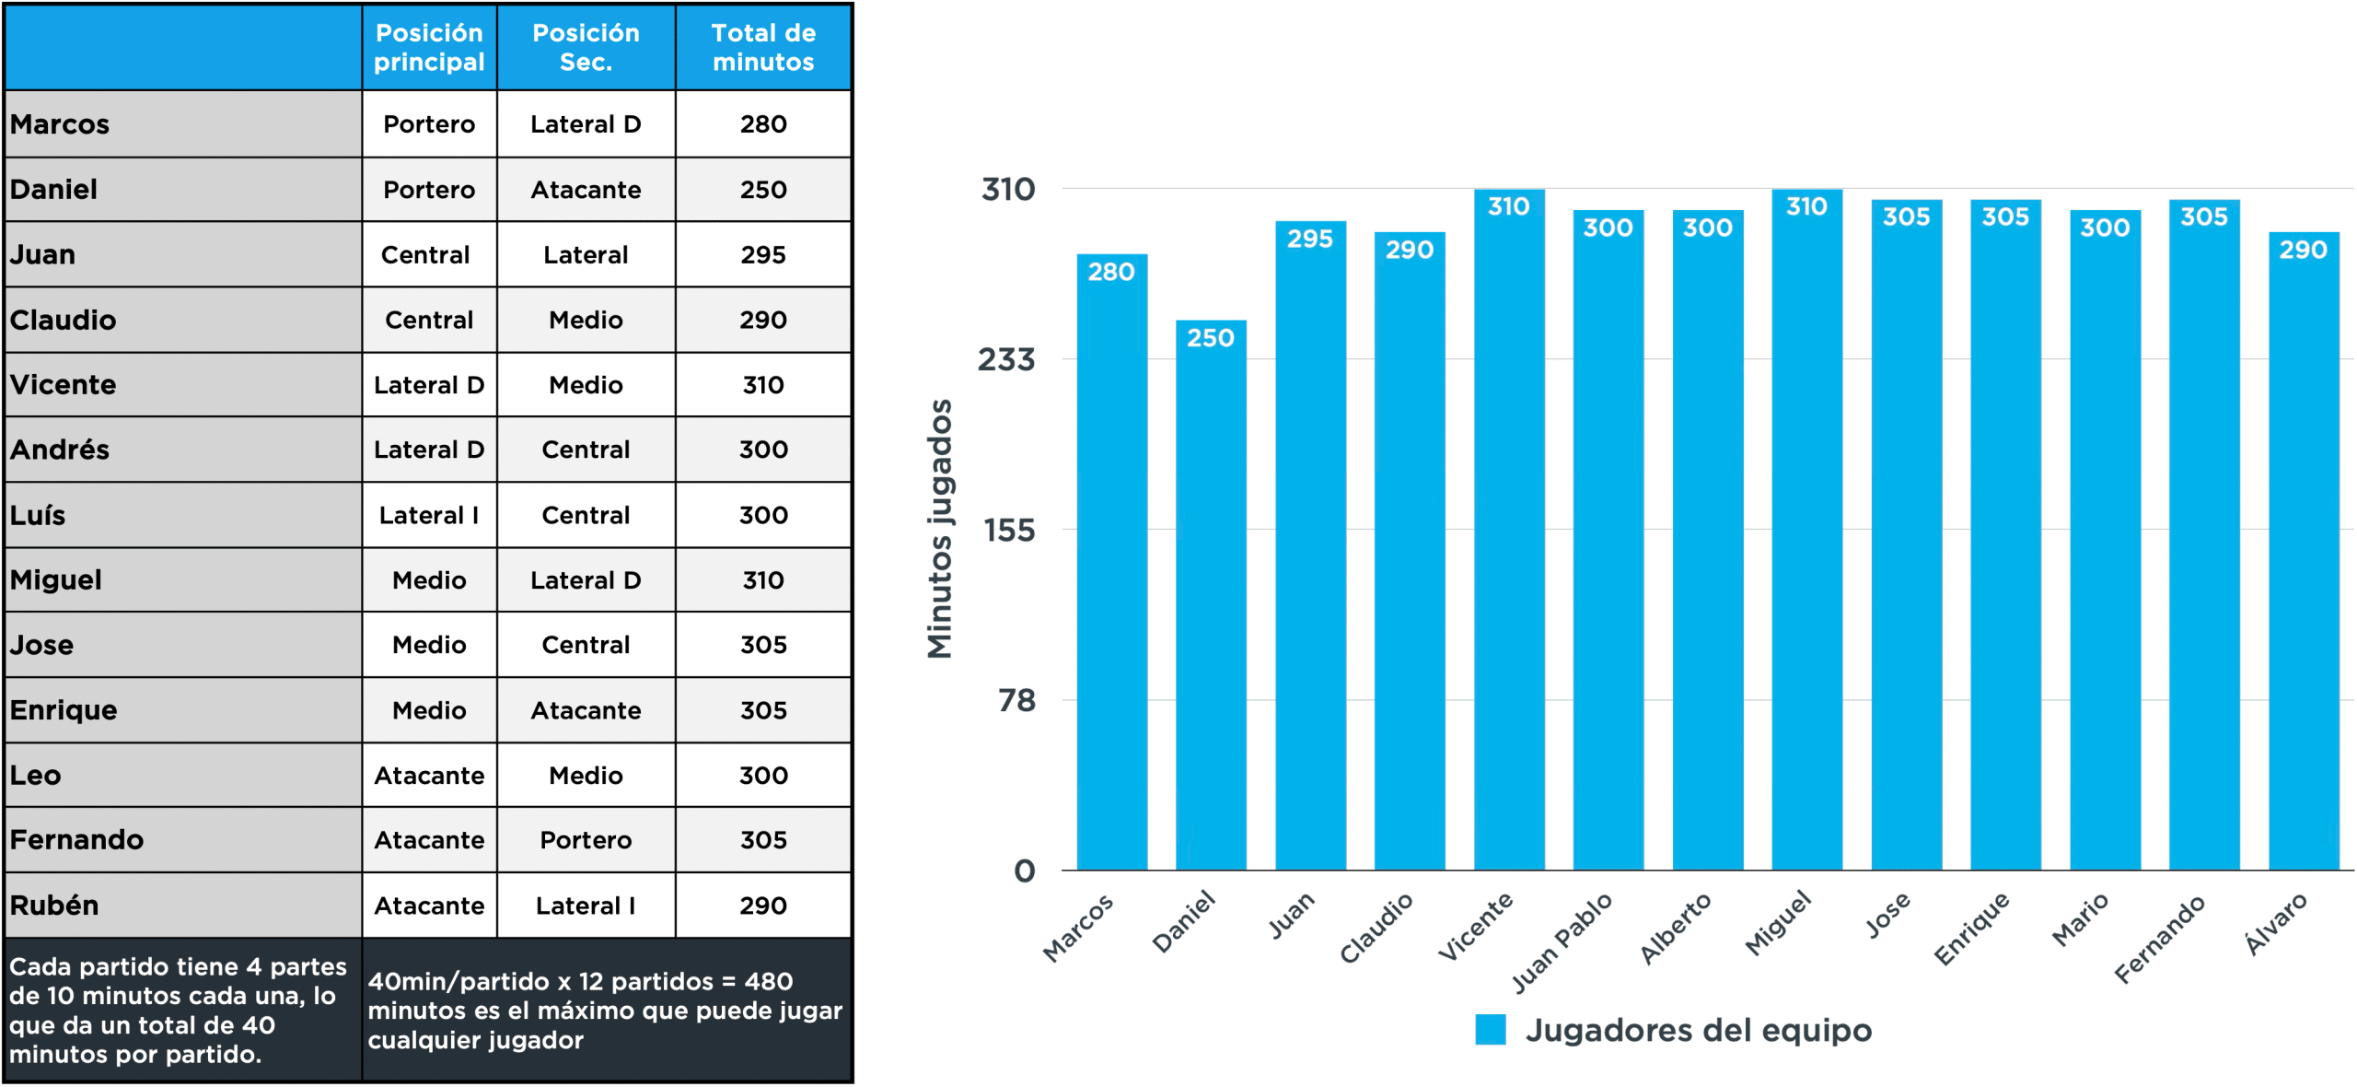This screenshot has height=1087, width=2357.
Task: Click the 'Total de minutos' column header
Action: (763, 48)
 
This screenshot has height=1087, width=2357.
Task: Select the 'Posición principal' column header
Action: (429, 48)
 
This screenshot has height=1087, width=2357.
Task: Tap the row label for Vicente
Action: (64, 384)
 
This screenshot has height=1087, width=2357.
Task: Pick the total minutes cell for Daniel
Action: (763, 190)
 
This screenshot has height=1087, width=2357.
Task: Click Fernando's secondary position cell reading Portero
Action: (586, 840)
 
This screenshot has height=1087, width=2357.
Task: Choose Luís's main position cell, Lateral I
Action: (429, 515)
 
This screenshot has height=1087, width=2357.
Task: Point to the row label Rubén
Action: (54, 906)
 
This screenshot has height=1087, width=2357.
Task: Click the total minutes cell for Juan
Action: (763, 254)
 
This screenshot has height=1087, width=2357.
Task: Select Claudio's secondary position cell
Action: (586, 320)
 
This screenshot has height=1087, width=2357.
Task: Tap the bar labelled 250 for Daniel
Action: (1211, 599)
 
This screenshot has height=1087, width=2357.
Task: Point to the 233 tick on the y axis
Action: (1006, 359)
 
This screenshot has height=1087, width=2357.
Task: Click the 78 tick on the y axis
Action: (1017, 701)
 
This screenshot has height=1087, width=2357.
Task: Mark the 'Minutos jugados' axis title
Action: (939, 529)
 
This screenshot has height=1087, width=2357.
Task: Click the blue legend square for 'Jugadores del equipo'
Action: (1490, 1030)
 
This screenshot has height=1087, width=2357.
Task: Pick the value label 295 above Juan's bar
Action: (1310, 239)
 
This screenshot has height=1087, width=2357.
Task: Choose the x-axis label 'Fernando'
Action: (2160, 937)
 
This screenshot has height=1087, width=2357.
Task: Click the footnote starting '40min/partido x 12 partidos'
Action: (605, 1011)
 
